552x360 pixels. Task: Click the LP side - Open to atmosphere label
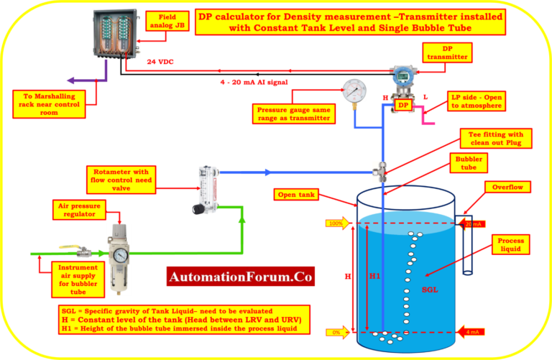pyautogui.click(x=476, y=101)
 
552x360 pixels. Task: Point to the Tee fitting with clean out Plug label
pyautogui.click(x=496, y=137)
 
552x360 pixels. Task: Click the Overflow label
pyautogui.click(x=507, y=187)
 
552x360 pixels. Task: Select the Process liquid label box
pyautogui.click(x=510, y=244)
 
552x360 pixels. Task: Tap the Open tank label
pyautogui.click(x=296, y=194)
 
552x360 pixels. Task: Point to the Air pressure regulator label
pyautogui.click(x=78, y=211)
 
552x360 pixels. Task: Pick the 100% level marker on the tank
pyautogui.click(x=335, y=224)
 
